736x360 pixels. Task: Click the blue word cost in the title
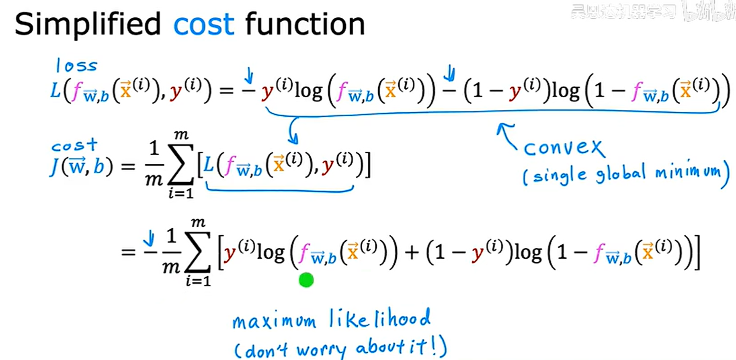coord(203,24)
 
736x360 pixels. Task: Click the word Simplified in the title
coord(88,24)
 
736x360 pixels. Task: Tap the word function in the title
coord(305,24)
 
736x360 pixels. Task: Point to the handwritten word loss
coord(76,66)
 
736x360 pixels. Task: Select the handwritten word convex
coord(563,148)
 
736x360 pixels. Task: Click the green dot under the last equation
coord(306,280)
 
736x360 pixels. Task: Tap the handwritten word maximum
coord(274,321)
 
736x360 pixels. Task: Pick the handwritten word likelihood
coord(380,319)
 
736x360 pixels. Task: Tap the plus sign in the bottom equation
coord(412,253)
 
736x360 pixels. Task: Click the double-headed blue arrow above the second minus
coord(449,74)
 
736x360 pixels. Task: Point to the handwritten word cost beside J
coord(74,145)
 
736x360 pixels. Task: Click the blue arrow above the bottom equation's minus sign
coord(149,238)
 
